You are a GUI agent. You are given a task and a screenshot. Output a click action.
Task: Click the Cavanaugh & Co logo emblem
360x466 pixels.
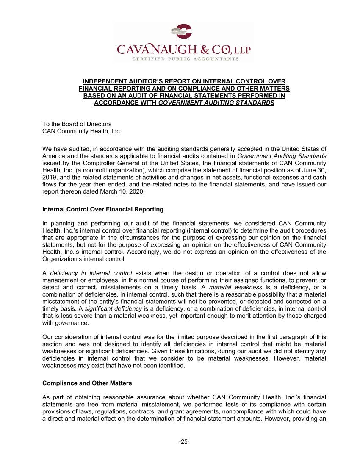(181, 31)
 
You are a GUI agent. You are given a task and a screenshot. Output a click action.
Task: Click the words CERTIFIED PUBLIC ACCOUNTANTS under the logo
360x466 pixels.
(183, 59)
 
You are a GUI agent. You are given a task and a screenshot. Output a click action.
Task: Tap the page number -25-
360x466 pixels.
(184, 441)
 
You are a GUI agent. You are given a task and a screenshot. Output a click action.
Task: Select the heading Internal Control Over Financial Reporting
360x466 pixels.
(103, 209)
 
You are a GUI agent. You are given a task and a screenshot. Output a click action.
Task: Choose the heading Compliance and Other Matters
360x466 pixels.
(87, 383)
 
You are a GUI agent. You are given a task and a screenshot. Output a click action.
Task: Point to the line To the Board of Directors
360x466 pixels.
(77, 124)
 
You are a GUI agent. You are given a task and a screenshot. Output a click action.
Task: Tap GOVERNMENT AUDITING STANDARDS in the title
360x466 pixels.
(213, 103)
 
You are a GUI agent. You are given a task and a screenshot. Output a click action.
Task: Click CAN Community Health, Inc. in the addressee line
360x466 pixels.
(82, 131)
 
